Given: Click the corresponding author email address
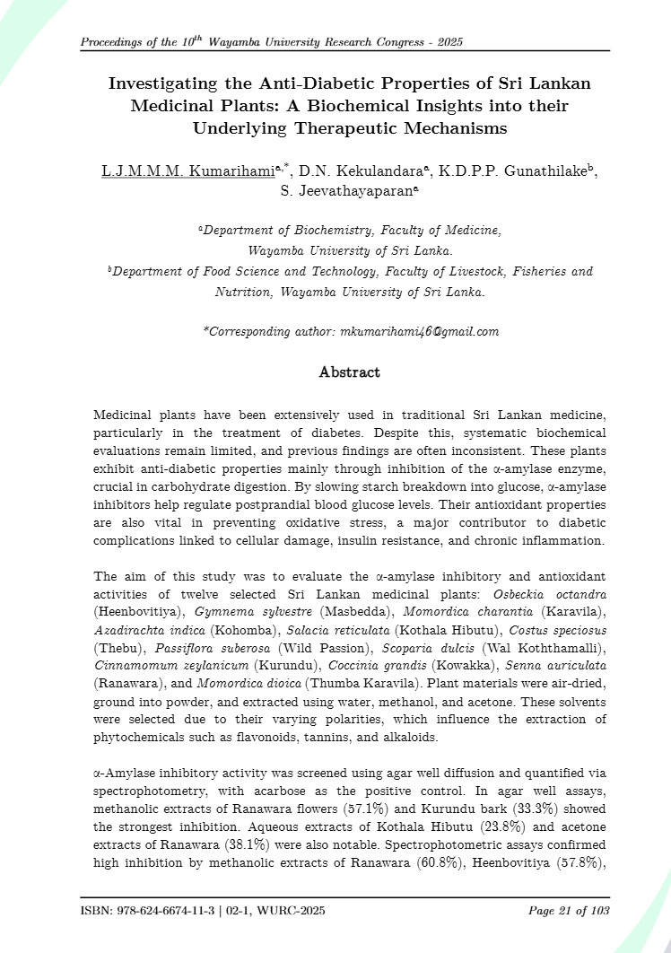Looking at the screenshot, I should (420, 332).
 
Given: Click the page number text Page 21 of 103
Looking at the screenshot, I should (569, 911).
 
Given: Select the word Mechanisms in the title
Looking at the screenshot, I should (450, 128).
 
